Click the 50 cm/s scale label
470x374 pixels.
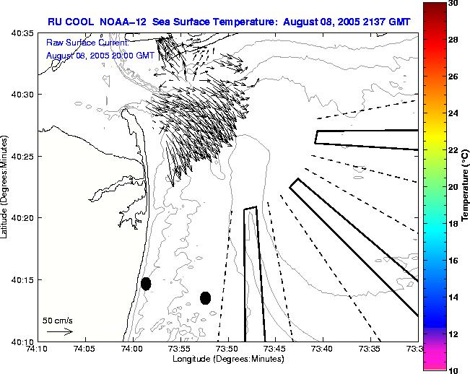tap(58, 319)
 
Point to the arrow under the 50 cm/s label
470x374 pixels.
tap(59, 331)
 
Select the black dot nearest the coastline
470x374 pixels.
tap(146, 284)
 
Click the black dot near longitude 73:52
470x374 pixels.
tap(205, 297)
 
